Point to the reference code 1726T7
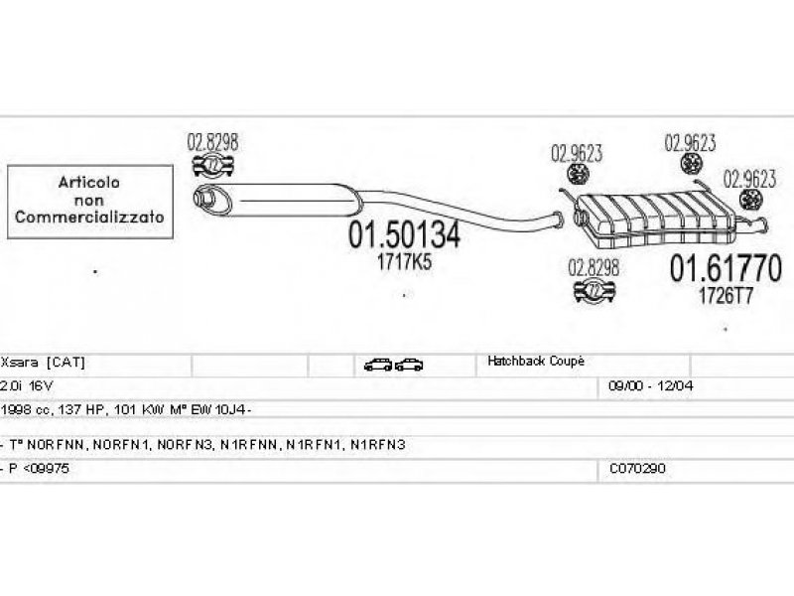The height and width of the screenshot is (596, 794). click(727, 295)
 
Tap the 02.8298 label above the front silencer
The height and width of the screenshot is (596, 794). click(212, 142)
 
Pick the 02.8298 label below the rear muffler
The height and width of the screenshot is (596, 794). click(594, 266)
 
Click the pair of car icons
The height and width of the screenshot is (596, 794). click(394, 365)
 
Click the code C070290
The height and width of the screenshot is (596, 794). click(636, 467)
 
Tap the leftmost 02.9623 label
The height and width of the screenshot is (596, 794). click(577, 155)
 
